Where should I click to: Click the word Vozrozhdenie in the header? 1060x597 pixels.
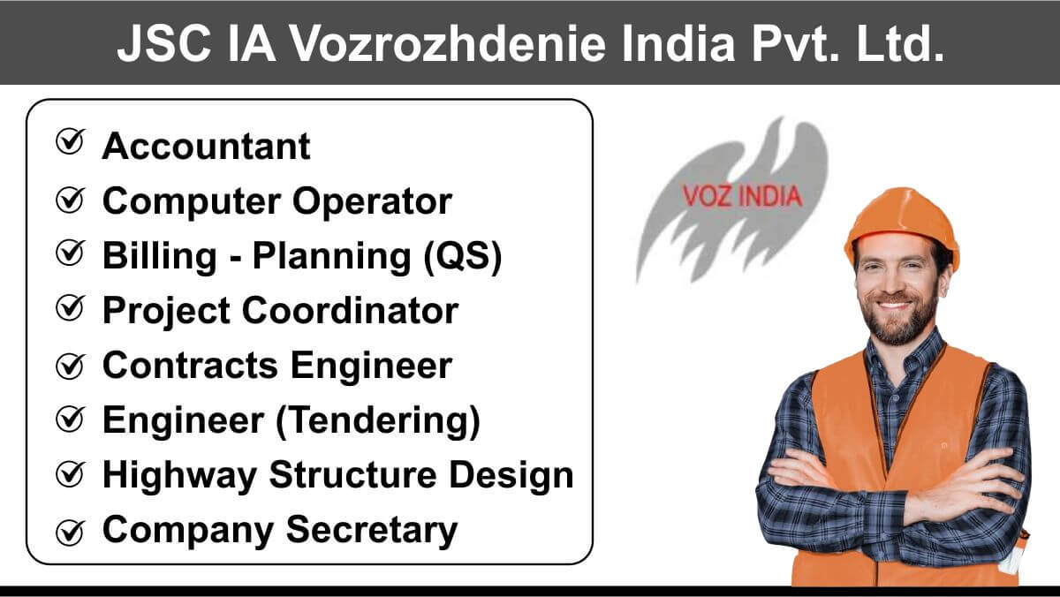(448, 43)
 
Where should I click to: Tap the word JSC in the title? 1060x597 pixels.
(163, 43)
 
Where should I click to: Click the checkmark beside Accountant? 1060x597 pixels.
(71, 141)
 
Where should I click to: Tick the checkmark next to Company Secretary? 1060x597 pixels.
(71, 533)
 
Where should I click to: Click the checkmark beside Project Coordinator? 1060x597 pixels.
(71, 308)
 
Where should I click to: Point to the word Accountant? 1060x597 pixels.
(207, 147)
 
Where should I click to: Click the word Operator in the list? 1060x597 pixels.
(372, 202)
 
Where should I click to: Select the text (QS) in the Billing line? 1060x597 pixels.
(462, 257)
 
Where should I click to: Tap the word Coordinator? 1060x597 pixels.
(350, 311)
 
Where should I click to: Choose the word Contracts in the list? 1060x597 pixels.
(190, 366)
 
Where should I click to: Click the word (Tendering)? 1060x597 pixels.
(378, 421)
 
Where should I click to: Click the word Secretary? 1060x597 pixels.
(372, 531)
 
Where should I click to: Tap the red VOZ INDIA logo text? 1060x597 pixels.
(742, 196)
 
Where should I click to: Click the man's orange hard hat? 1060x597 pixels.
(902, 222)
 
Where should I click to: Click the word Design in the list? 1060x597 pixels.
(511, 476)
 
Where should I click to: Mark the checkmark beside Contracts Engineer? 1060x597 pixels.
(71, 367)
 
